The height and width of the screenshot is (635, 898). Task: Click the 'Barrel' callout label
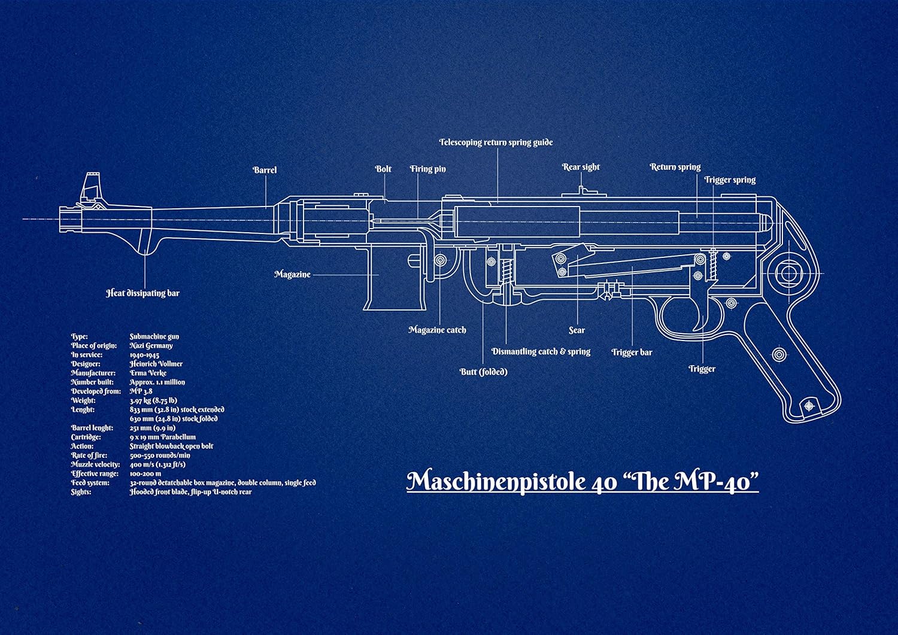click(x=265, y=170)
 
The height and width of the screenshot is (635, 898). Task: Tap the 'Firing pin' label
click(x=427, y=169)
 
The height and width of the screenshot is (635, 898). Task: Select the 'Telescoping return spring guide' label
click(x=496, y=142)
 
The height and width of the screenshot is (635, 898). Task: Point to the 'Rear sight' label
click(x=581, y=167)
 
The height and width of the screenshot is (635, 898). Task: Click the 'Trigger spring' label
click(x=730, y=180)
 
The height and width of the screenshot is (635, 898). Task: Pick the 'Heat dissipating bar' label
click(x=142, y=293)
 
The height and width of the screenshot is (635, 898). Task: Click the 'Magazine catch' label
click(x=437, y=330)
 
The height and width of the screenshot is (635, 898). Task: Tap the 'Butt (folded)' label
click(x=483, y=372)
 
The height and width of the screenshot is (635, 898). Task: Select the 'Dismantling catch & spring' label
click(x=541, y=351)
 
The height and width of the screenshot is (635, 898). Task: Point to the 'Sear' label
click(x=577, y=330)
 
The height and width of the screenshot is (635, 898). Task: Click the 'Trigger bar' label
click(x=632, y=352)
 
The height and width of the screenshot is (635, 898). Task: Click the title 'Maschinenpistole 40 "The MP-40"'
click(x=583, y=481)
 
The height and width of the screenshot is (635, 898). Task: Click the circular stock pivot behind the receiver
click(x=788, y=274)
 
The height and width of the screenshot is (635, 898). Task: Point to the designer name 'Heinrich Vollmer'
click(x=156, y=364)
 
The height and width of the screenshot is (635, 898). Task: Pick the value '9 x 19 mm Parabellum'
click(x=162, y=437)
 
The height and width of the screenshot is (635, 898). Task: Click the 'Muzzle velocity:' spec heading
click(x=95, y=464)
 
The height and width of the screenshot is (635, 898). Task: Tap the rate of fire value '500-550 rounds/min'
click(x=160, y=455)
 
